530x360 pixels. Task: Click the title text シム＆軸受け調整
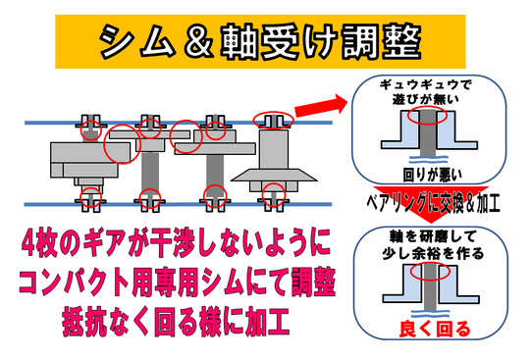point(260,42)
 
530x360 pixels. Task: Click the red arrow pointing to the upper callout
point(321,106)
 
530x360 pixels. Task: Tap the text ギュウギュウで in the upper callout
point(425,84)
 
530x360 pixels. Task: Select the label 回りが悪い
point(432,175)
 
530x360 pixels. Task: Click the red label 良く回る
point(435,329)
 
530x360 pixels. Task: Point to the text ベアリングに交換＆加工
point(433,203)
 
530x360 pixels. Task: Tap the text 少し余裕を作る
point(434,253)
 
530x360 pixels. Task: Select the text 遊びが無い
point(425,99)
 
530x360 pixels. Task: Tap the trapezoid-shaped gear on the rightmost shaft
point(274,175)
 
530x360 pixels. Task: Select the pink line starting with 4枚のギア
point(176,242)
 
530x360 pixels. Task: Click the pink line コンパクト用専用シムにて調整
point(177,282)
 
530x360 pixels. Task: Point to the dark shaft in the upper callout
point(428,133)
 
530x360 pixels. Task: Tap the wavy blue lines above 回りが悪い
point(428,159)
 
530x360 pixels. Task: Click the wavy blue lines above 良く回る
point(430,314)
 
